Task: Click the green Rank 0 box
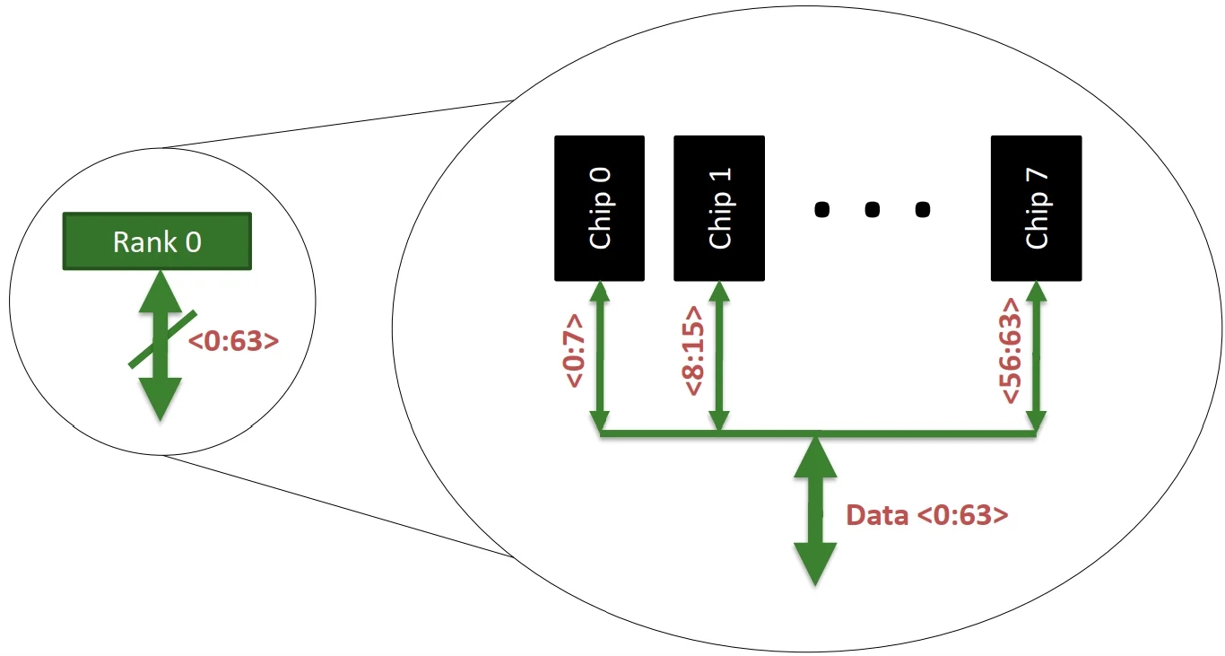click(157, 241)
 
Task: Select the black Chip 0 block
click(599, 208)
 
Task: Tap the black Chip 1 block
click(719, 208)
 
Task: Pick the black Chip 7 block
click(1036, 208)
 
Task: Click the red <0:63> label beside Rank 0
click(233, 341)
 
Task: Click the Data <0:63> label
click(927, 515)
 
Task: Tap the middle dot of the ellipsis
click(871, 210)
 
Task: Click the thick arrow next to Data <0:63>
click(815, 512)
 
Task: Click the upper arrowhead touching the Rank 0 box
click(161, 287)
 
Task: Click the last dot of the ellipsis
click(921, 210)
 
